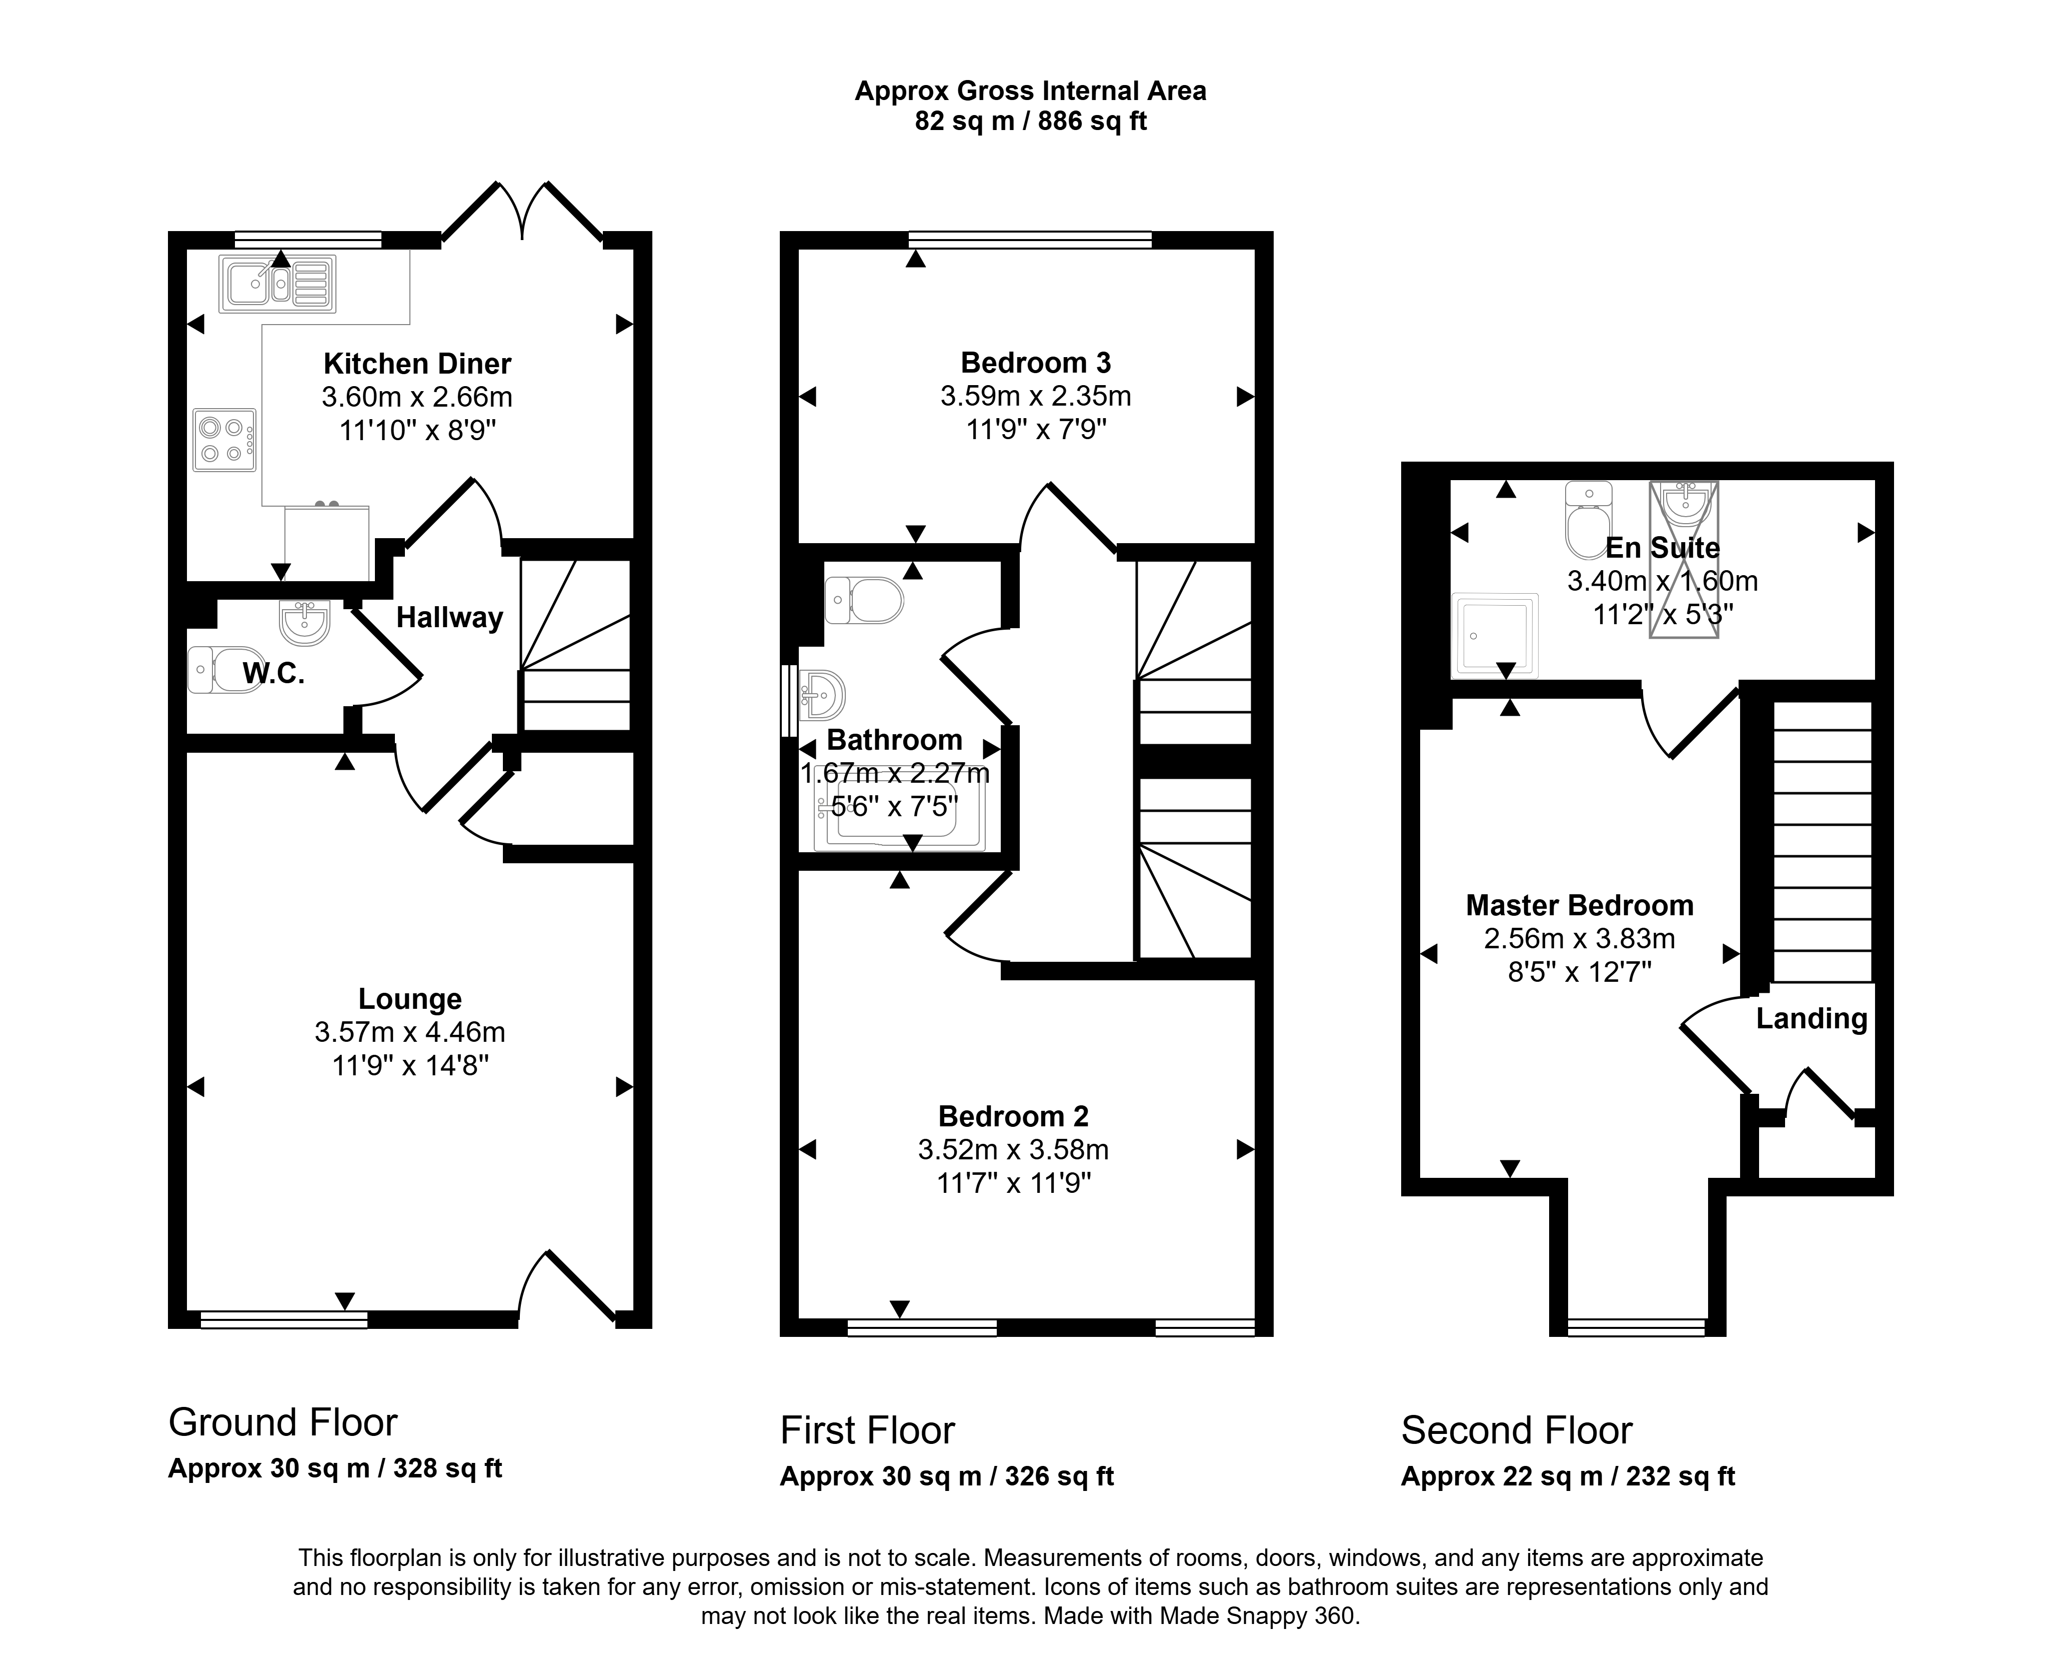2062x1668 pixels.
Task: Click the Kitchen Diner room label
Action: click(x=417, y=364)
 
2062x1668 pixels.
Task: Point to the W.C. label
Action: click(x=274, y=674)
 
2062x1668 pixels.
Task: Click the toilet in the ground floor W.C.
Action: click(x=214, y=670)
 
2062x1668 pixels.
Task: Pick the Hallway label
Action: click(x=449, y=618)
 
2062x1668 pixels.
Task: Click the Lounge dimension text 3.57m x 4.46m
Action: click(x=410, y=1032)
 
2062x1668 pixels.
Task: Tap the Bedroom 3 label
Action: click(x=1035, y=363)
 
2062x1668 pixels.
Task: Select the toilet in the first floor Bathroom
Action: click(x=864, y=601)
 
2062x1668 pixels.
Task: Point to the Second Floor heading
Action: click(x=1517, y=1430)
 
